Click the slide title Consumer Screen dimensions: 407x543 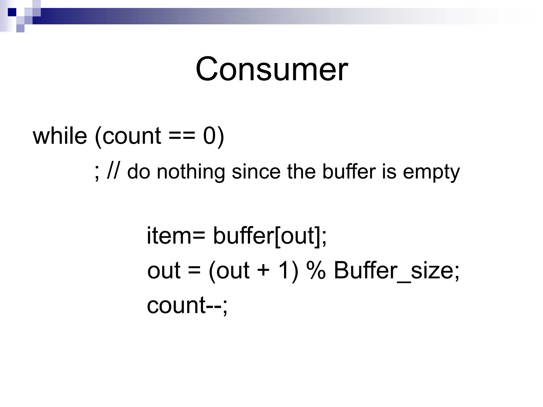271,69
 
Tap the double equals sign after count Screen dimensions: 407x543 182,136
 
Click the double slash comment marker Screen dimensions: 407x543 113,172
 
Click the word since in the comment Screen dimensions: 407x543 256,172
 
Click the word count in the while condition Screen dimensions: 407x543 132,136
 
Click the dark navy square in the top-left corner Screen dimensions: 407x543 12,12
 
